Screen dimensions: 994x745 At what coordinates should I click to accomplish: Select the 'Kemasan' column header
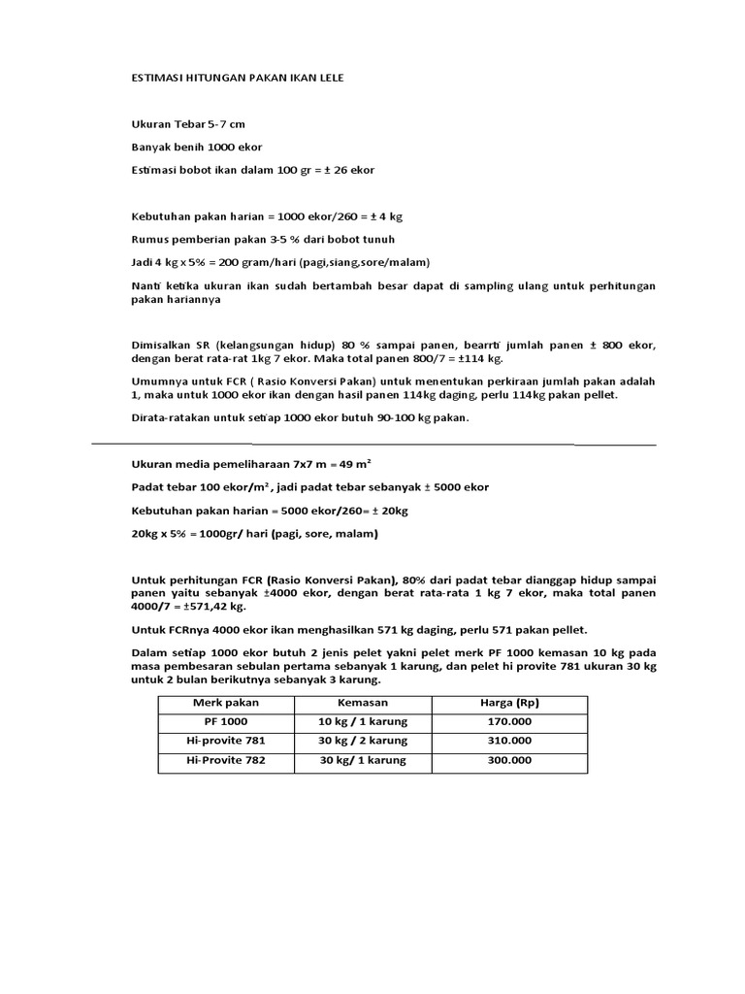363,702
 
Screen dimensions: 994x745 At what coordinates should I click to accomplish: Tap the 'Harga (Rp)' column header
509,702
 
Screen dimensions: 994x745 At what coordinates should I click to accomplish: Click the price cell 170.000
509,721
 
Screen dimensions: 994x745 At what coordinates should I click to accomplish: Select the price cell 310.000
509,741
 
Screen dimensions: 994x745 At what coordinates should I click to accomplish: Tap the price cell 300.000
509,761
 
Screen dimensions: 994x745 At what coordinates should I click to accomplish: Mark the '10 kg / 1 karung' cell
363,721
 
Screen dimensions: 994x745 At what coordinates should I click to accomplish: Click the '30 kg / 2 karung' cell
363,741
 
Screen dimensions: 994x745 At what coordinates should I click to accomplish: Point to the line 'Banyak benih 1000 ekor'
196,148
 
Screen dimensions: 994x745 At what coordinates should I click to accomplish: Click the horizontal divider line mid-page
373,446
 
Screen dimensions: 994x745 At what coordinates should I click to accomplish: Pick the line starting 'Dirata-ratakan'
300,418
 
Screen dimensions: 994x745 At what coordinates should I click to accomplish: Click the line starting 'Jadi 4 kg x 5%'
280,262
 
